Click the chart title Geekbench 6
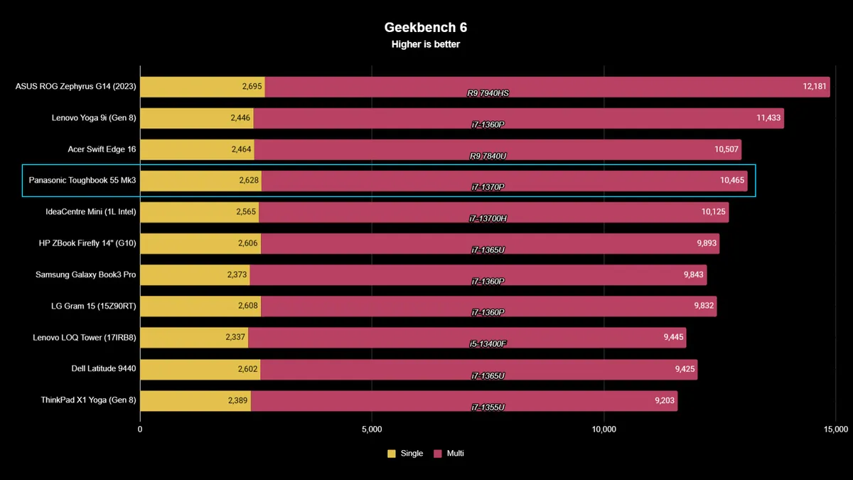tap(426, 27)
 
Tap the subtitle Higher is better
tap(426, 44)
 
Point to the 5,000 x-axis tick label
tap(372, 430)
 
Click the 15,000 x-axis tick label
tap(836, 430)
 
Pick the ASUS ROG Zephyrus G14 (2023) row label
tap(75, 87)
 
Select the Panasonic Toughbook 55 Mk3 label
tap(82, 181)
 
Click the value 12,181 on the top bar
tap(815, 87)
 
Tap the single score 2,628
tap(248, 181)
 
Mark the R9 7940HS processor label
tap(488, 93)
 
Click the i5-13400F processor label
tap(488, 343)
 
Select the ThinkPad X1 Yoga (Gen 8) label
tap(88, 400)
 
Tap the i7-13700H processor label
tap(488, 218)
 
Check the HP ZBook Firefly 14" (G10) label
tap(87, 243)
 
